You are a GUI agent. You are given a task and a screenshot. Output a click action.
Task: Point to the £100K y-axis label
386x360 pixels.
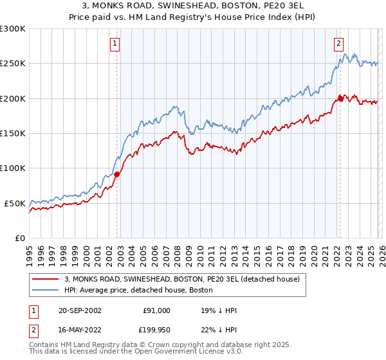point(13,168)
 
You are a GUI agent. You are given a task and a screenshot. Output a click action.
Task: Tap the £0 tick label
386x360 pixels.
point(20,238)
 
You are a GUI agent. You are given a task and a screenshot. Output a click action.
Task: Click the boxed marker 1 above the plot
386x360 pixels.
point(115,44)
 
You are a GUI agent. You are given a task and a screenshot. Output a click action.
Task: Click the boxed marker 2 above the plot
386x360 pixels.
point(338,44)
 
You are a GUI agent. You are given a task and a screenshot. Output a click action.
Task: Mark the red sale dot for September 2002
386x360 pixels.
point(117,174)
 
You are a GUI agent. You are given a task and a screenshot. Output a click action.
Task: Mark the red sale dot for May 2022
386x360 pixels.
point(340,99)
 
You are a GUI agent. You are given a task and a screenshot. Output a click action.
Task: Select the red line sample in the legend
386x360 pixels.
point(46,280)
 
